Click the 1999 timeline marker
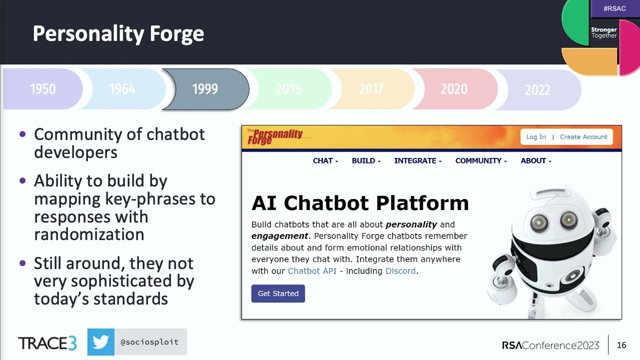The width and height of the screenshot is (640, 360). [205, 89]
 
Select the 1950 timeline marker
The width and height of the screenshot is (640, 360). [43, 89]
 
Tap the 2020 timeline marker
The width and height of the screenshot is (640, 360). [453, 89]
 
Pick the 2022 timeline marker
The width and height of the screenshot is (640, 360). [537, 90]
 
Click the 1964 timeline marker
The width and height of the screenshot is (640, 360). [122, 89]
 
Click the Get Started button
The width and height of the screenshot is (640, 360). [278, 293]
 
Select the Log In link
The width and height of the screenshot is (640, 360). [536, 137]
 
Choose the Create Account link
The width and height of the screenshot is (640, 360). [583, 137]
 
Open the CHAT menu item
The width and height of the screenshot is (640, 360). [325, 161]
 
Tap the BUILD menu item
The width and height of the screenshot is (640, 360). [366, 161]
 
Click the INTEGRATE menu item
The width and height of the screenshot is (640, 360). [417, 161]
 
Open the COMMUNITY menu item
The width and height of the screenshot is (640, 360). [480, 161]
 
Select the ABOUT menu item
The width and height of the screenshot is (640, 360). [535, 161]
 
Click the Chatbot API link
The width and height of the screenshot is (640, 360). [312, 271]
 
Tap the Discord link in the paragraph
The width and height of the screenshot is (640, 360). [400, 271]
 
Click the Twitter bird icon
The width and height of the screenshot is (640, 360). [100, 342]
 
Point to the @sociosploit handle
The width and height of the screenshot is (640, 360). [149, 342]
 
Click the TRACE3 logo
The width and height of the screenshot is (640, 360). [47, 343]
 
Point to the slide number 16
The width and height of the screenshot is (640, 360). [621, 345]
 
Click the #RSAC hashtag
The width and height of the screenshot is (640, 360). [614, 8]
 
